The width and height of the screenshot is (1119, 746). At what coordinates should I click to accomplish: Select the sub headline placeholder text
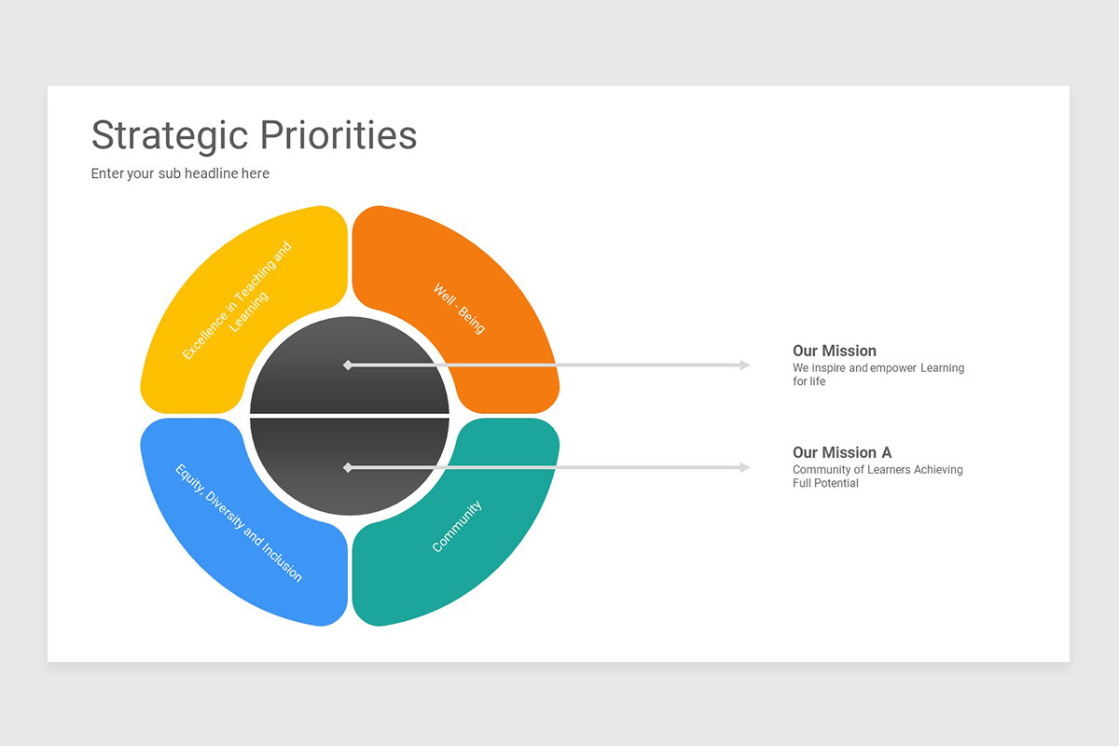pyautogui.click(x=180, y=173)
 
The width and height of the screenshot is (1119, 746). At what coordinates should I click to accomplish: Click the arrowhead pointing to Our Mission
pyautogui.click(x=744, y=365)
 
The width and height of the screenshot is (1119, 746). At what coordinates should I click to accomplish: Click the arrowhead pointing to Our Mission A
pyautogui.click(x=744, y=467)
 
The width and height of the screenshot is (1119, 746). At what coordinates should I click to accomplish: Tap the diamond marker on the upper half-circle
pyautogui.click(x=348, y=365)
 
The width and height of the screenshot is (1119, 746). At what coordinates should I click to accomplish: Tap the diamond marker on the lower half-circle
pyautogui.click(x=348, y=467)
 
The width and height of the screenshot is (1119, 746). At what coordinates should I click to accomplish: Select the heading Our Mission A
pyautogui.click(x=842, y=452)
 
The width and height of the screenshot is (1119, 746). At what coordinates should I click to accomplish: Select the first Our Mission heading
pyautogui.click(x=835, y=351)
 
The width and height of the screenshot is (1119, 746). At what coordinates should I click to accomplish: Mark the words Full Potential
pyautogui.click(x=825, y=483)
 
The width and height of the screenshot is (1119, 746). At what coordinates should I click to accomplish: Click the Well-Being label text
pyautogui.click(x=459, y=308)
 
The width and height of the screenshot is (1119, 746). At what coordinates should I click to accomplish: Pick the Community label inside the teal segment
pyautogui.click(x=457, y=526)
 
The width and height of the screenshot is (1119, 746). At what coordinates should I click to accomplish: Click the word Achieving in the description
pyautogui.click(x=938, y=470)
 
